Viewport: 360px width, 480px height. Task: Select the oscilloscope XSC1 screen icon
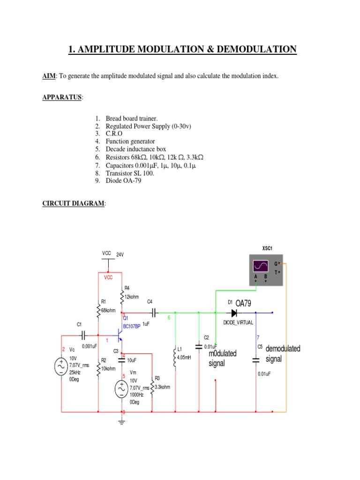(x=261, y=266)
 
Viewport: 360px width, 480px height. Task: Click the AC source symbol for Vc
(x=61, y=366)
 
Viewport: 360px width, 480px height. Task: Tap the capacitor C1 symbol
(x=83, y=335)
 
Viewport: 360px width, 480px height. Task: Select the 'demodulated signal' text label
(x=283, y=354)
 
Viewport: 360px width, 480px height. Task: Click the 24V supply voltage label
(x=120, y=254)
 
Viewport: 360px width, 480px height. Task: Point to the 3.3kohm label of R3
(x=162, y=387)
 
